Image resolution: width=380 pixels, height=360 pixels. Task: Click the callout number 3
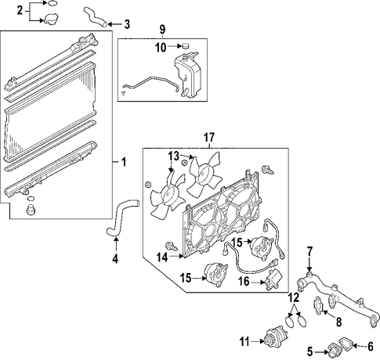pyautogui.click(x=127, y=24)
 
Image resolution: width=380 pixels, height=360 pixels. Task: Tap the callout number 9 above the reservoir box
pyautogui.click(x=162, y=28)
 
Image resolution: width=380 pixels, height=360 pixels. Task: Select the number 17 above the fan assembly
pyautogui.click(x=209, y=137)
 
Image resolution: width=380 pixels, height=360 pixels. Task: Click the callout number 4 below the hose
pyautogui.click(x=115, y=258)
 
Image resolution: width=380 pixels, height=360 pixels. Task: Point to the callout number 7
pyautogui.click(x=309, y=252)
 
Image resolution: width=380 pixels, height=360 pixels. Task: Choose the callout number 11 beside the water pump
pyautogui.click(x=244, y=341)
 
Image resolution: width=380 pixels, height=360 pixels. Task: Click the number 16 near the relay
pyautogui.click(x=244, y=282)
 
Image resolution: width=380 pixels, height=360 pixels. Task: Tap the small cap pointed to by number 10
pyautogui.click(x=186, y=46)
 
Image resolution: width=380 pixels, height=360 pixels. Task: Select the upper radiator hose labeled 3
pyautogui.click(x=95, y=18)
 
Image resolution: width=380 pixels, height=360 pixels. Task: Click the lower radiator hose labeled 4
pyautogui.click(x=122, y=218)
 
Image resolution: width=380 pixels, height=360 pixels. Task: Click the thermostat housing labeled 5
pyautogui.click(x=334, y=351)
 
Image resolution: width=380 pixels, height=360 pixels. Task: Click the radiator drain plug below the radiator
pyautogui.click(x=31, y=210)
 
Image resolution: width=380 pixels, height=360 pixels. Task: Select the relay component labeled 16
pyautogui.click(x=273, y=279)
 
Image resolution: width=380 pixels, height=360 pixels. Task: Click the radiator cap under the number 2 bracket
pyautogui.click(x=50, y=19)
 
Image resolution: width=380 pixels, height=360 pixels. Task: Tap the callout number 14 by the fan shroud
pyautogui.click(x=162, y=257)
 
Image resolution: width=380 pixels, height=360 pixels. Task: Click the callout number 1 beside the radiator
pyautogui.click(x=124, y=162)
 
